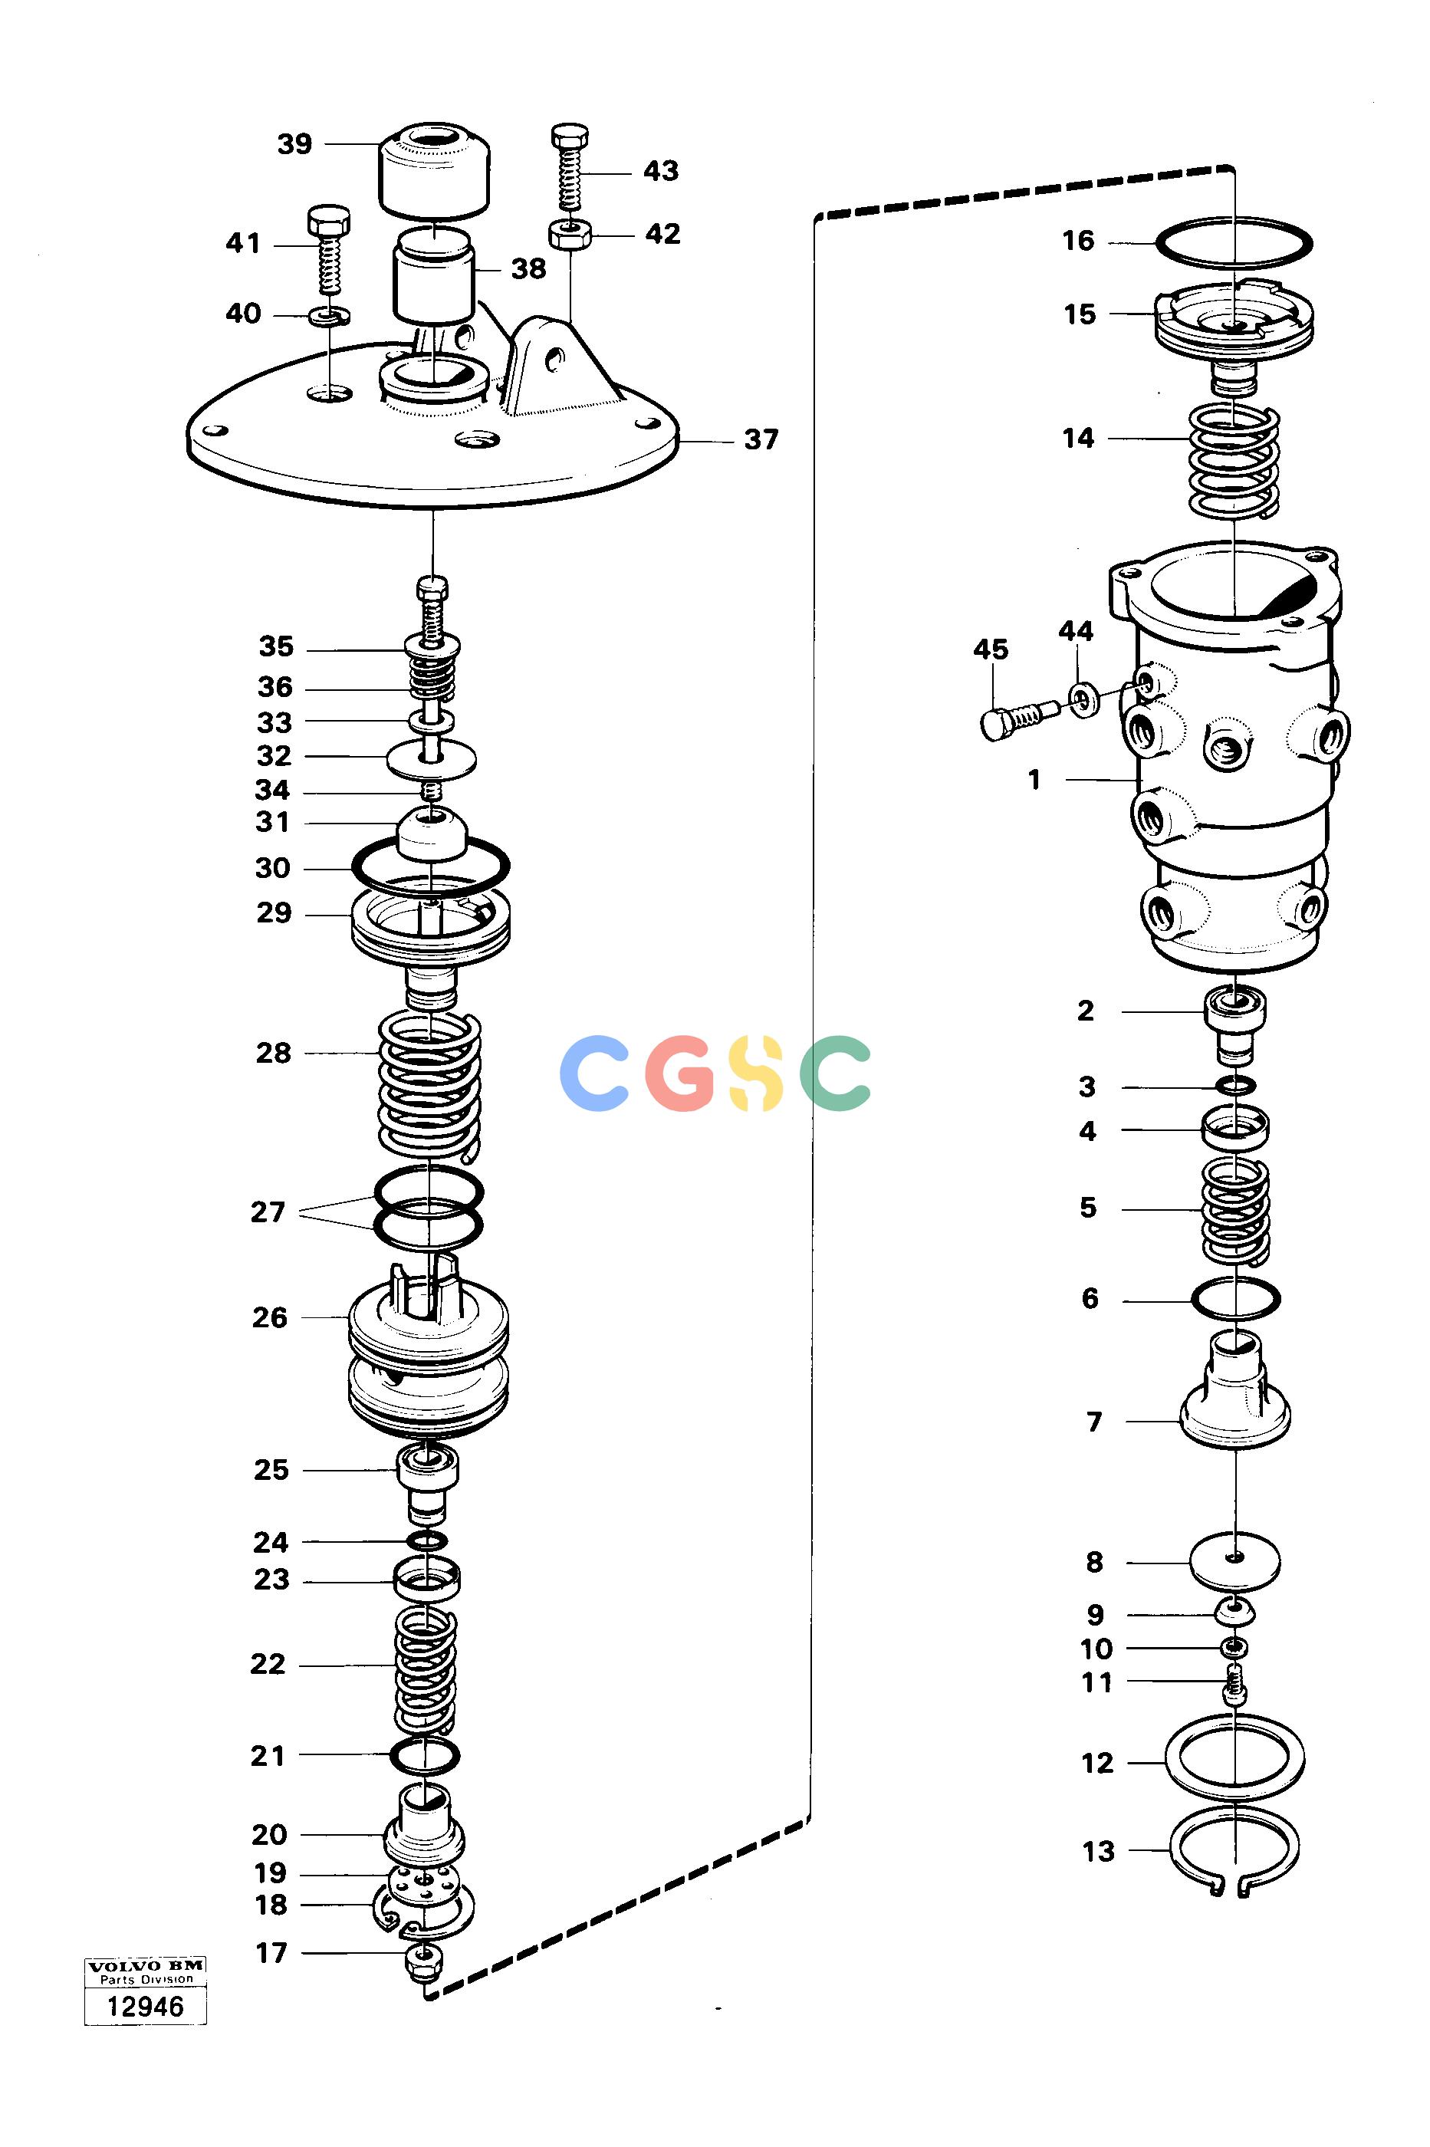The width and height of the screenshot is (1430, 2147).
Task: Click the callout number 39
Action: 294,144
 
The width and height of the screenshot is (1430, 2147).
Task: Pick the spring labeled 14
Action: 1234,461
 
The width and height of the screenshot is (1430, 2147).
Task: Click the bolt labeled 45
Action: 1019,718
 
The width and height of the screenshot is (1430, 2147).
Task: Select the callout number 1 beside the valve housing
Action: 1034,781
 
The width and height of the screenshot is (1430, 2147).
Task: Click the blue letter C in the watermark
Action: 594,1073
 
